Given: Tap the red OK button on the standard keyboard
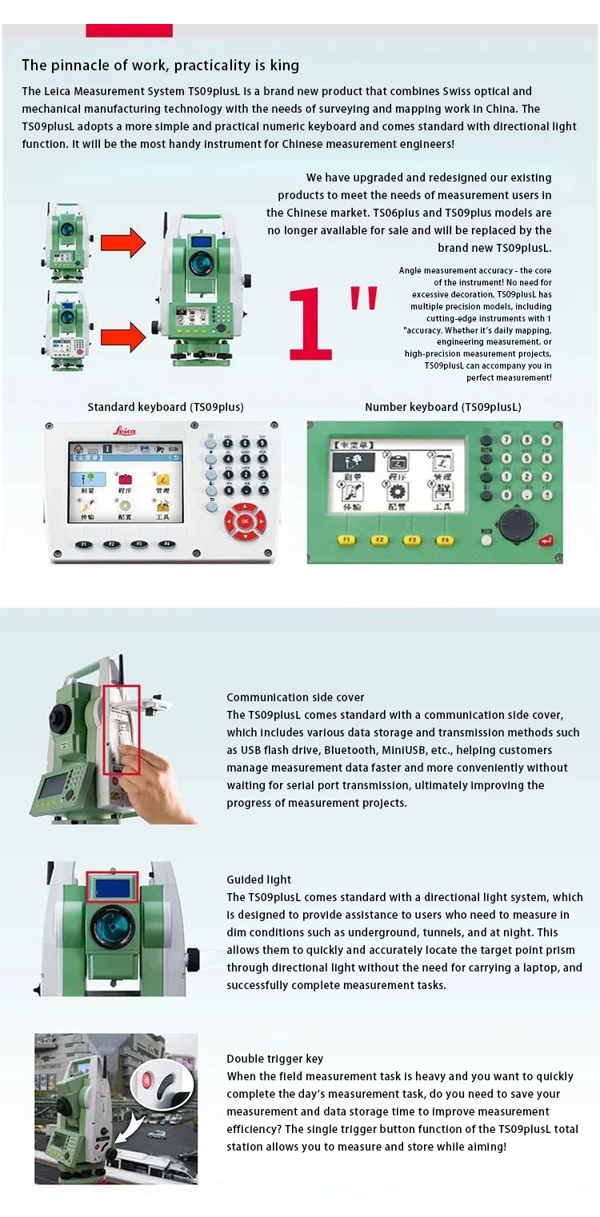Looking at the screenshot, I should [x=246, y=522].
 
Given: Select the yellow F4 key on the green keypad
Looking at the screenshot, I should [x=444, y=540].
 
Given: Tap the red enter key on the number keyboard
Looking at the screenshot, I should [x=546, y=541].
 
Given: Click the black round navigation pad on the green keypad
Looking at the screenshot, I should [x=513, y=525].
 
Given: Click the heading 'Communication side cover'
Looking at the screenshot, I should [x=295, y=697].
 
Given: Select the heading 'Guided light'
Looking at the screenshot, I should [x=258, y=880].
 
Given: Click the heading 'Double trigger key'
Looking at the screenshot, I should [x=274, y=1059].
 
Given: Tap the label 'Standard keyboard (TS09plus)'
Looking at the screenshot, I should [x=166, y=407].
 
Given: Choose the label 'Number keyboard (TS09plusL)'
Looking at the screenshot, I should [x=442, y=407].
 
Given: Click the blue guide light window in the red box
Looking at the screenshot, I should [x=112, y=886].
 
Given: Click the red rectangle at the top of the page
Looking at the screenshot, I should [x=129, y=30].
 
